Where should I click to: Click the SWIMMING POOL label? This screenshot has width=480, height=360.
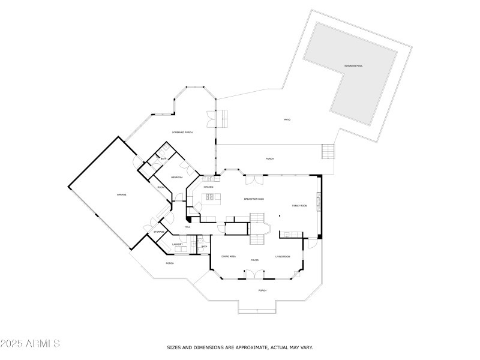[353, 65]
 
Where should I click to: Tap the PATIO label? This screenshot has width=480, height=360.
[287, 120]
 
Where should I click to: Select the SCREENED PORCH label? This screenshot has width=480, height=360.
[182, 132]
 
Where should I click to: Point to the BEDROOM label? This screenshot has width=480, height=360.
[177, 178]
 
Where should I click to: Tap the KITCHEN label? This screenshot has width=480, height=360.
[208, 187]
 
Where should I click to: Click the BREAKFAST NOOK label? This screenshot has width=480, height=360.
[254, 199]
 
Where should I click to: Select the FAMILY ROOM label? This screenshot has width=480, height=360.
[299, 206]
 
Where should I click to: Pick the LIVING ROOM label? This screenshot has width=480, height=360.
[283, 256]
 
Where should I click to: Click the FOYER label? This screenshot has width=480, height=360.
[254, 260]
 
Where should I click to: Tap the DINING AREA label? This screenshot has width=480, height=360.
[229, 256]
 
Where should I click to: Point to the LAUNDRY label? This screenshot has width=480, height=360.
[178, 244]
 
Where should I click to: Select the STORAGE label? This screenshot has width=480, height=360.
[159, 232]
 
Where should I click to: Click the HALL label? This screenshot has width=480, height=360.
[188, 227]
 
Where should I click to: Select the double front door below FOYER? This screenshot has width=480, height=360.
[254, 274]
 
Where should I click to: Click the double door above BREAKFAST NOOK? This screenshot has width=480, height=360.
[254, 179]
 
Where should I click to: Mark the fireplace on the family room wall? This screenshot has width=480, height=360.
[319, 200]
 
